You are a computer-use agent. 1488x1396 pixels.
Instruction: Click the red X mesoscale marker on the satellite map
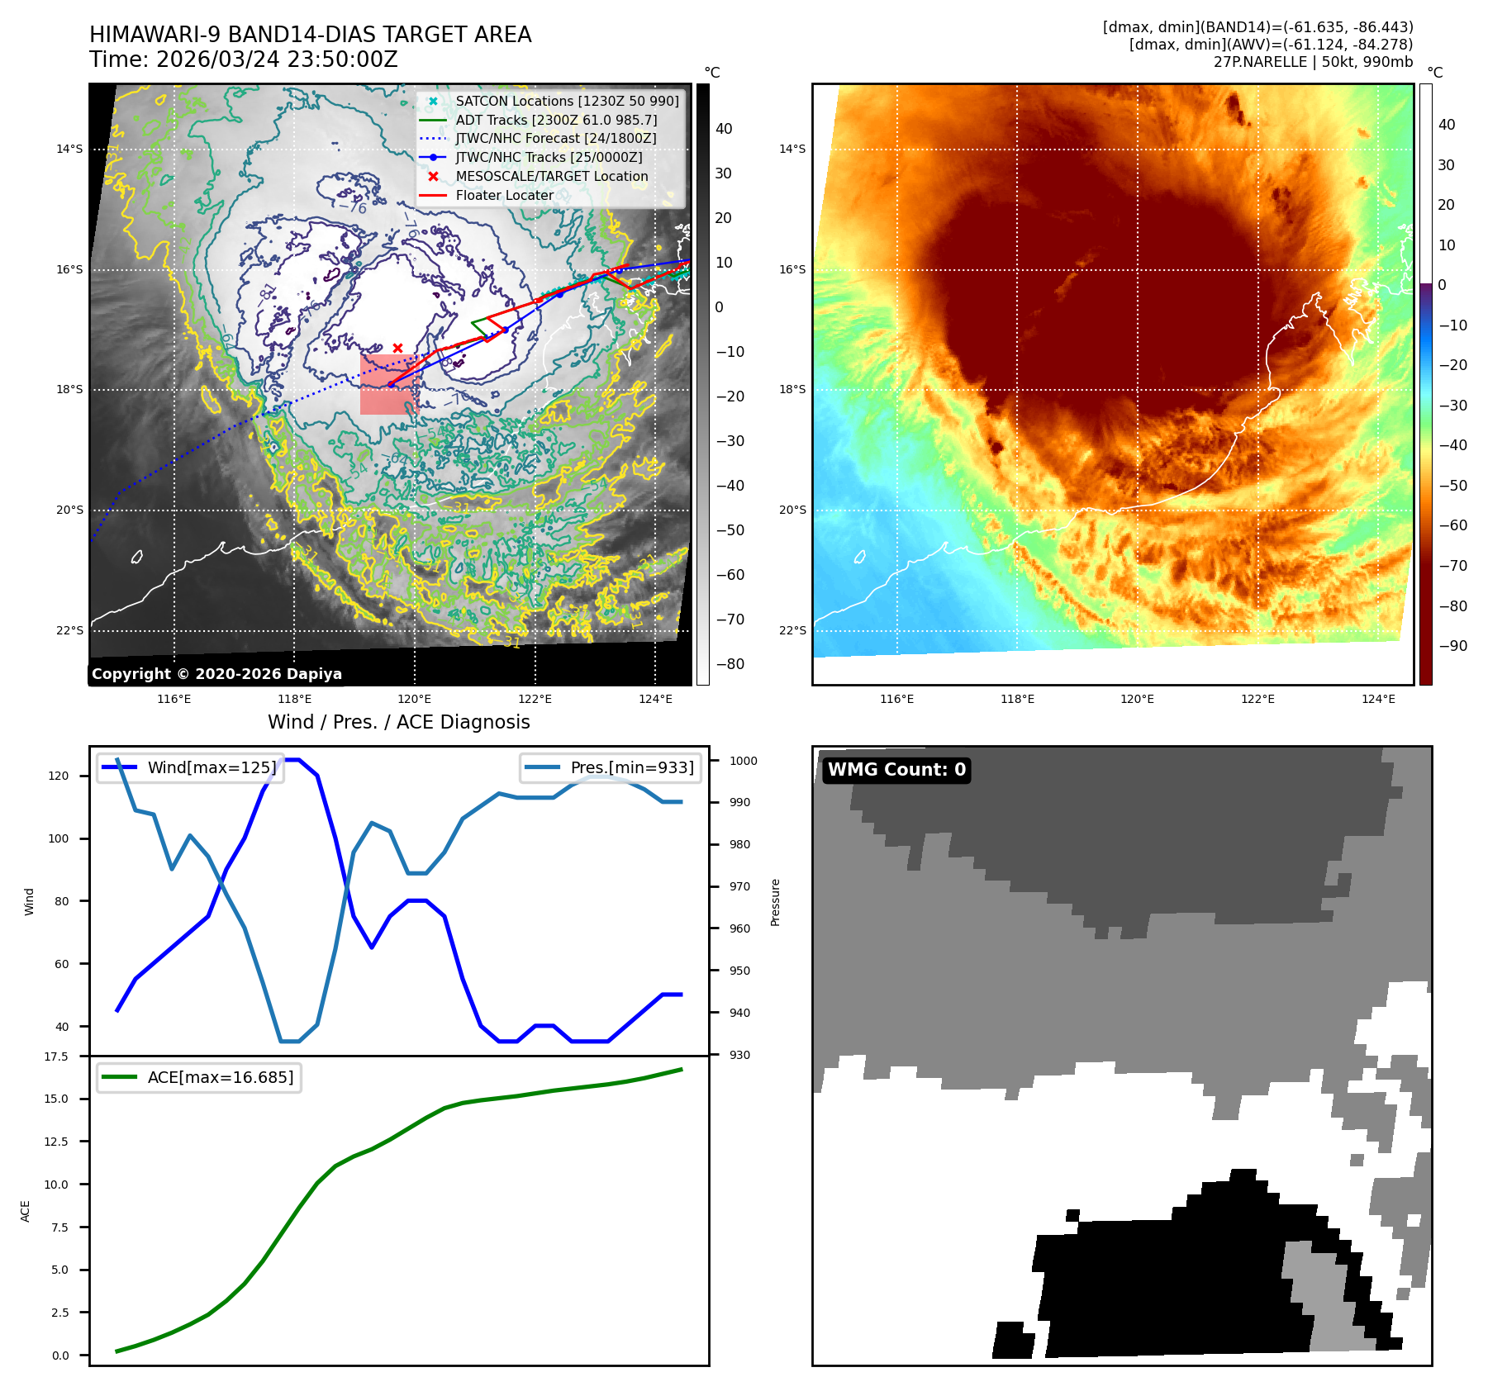[x=397, y=349]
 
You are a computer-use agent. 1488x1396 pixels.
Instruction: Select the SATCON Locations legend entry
[x=567, y=101]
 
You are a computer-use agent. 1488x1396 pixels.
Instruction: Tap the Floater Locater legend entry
[x=504, y=196]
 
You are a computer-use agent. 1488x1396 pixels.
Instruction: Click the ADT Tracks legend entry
[x=556, y=120]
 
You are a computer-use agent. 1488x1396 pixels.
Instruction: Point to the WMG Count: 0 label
[x=896, y=770]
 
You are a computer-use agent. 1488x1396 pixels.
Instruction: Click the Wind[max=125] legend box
[x=191, y=767]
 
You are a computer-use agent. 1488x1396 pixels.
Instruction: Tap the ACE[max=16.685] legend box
[x=199, y=1077]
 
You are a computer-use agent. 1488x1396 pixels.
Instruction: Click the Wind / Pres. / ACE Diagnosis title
[x=398, y=722]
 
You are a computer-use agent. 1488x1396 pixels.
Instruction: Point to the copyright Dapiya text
[x=216, y=674]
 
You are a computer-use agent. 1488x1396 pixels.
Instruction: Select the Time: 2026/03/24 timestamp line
[x=244, y=59]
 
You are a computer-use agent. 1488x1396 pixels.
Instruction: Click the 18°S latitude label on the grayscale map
[x=69, y=389]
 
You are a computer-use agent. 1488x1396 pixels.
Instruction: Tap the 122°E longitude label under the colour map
[x=1257, y=699]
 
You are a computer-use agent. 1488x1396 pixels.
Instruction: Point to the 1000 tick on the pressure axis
[x=743, y=761]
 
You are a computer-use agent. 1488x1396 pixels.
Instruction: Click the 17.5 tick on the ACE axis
[x=56, y=1056]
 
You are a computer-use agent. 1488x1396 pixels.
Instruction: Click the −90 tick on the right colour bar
[x=1452, y=646]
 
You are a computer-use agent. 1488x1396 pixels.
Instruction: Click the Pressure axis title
[x=775, y=902]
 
